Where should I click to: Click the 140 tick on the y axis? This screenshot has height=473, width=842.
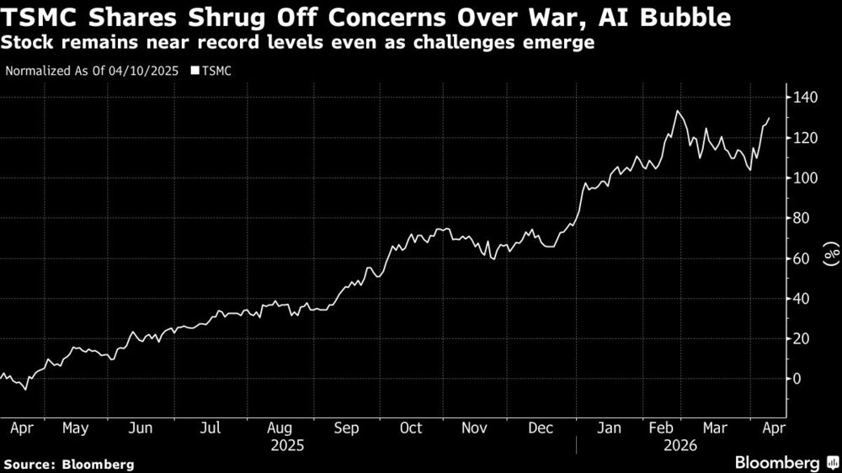803,98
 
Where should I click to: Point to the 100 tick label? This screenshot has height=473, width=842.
803,178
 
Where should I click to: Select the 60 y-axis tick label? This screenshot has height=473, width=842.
800,258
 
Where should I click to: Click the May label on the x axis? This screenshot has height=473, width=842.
75,428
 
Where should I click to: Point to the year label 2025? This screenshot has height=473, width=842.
288,445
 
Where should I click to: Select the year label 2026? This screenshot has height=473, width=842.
680,445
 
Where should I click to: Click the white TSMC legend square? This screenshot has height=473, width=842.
195,71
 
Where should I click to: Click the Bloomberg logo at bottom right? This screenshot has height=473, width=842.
784,462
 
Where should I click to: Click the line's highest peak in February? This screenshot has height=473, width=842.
676,111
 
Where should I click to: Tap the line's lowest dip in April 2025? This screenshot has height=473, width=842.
25,390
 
